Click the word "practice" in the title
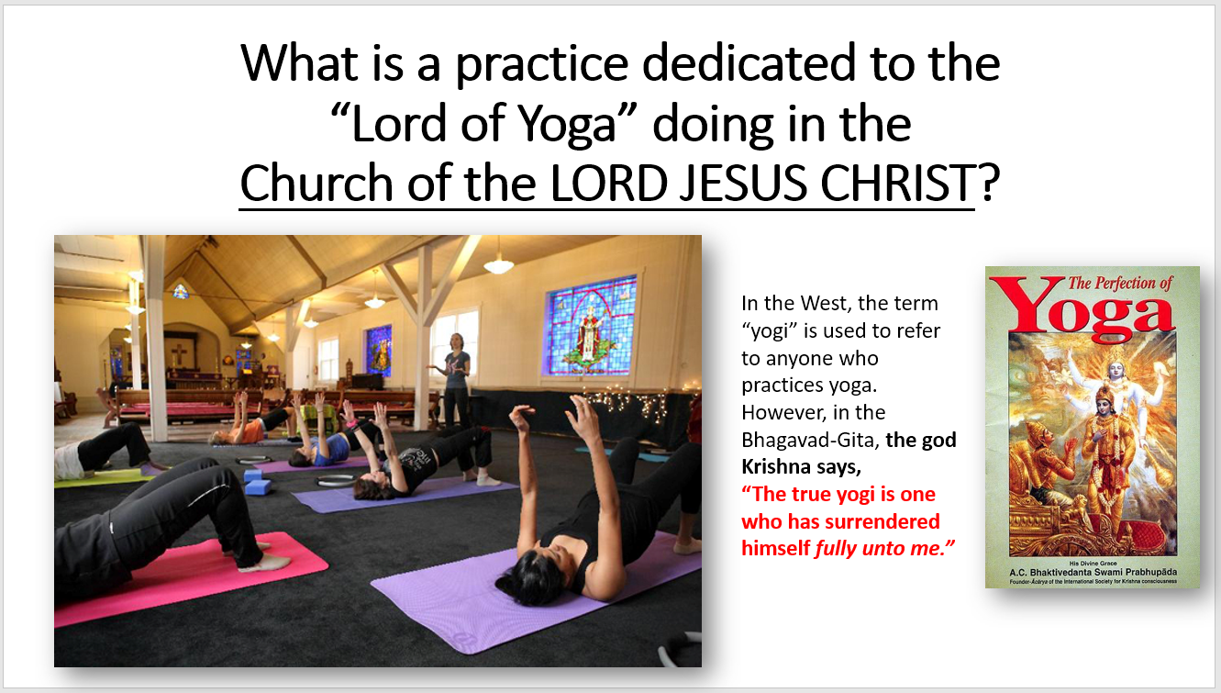tap(541, 64)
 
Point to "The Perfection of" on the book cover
tap(1120, 283)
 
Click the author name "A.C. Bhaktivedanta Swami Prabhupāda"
tap(1093, 573)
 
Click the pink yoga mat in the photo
tap(191, 578)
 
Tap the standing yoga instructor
tap(454, 379)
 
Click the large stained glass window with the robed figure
tap(591, 327)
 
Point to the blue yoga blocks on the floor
tap(257, 482)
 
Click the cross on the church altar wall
tap(178, 354)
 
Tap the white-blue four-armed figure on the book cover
tap(1116, 376)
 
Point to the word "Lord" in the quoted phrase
tap(399, 124)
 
